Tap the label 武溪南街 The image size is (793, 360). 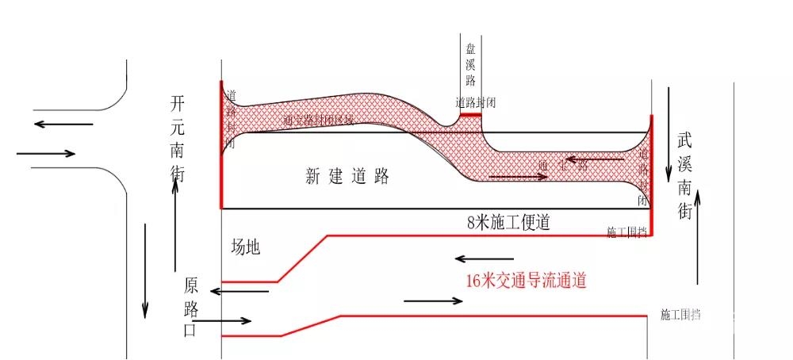pyautogui.click(x=684, y=176)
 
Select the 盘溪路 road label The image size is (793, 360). pyautogui.click(x=470, y=66)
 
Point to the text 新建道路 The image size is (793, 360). pyautogui.click(x=347, y=176)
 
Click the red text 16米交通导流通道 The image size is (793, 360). pyautogui.click(x=527, y=280)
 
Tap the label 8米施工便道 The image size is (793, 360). pyautogui.click(x=508, y=223)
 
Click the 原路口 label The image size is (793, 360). pyautogui.click(x=190, y=308)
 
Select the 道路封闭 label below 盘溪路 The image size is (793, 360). pyautogui.click(x=476, y=102)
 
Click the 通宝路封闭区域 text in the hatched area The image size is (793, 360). pyautogui.click(x=318, y=120)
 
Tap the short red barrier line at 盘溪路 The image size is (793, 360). pyautogui.click(x=470, y=114)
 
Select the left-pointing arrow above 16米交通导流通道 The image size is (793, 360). pyautogui.click(x=484, y=259)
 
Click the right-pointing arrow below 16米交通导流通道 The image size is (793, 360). pyautogui.click(x=433, y=301)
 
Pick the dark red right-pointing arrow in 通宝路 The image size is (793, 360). pyautogui.click(x=519, y=176)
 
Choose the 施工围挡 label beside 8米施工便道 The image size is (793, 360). pyautogui.click(x=626, y=232)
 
